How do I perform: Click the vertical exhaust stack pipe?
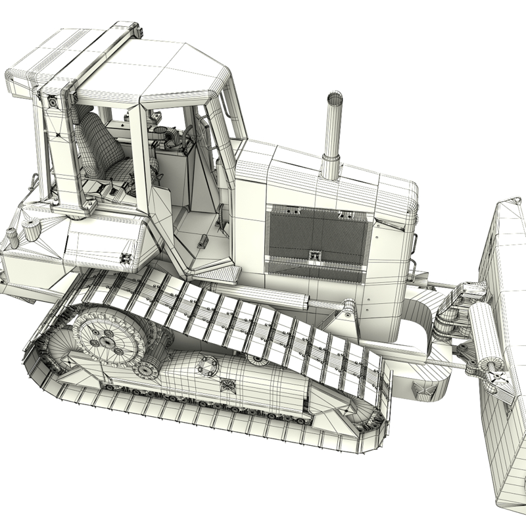[333, 138]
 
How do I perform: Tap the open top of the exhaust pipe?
[335, 99]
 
